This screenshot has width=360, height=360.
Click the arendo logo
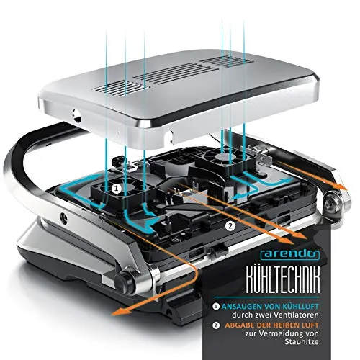[x=290, y=254]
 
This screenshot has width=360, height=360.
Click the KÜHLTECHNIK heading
[x=283, y=279]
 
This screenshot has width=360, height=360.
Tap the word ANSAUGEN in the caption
[x=242, y=307]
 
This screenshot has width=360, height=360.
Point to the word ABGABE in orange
[x=240, y=325]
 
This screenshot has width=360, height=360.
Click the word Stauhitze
[x=302, y=341]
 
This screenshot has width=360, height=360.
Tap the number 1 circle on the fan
[x=117, y=189]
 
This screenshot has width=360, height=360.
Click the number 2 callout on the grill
[x=230, y=225]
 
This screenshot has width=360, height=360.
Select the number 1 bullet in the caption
[x=216, y=307]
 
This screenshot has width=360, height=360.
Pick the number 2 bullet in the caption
[x=216, y=325]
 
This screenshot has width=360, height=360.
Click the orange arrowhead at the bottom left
[x=120, y=312]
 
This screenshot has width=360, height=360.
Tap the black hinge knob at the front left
[x=125, y=282]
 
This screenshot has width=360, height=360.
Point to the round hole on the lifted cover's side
[x=77, y=116]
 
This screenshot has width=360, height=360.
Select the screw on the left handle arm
[x=64, y=218]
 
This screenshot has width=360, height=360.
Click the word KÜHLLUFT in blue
[x=300, y=307]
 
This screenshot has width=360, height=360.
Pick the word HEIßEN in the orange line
[x=286, y=325]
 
